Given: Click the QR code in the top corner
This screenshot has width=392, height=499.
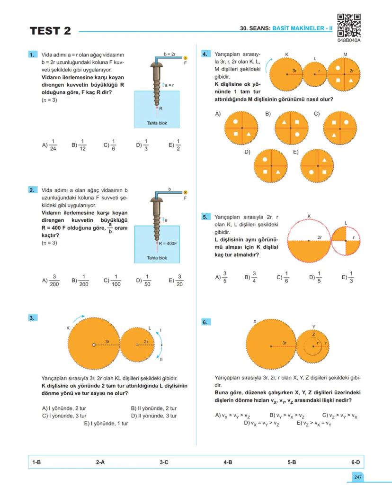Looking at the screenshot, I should (349, 25).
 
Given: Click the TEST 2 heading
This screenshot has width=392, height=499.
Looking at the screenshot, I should (50, 31).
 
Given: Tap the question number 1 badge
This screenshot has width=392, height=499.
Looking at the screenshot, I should (33, 54).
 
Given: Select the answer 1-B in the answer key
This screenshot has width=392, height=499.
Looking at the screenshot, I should (36, 462).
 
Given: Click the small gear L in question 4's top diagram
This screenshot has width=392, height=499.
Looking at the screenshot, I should (315, 74).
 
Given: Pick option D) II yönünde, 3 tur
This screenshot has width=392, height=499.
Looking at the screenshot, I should (153, 416).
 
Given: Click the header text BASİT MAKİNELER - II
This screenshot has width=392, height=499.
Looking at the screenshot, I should (302, 28).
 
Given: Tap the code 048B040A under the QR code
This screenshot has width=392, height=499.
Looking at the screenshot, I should (349, 41).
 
